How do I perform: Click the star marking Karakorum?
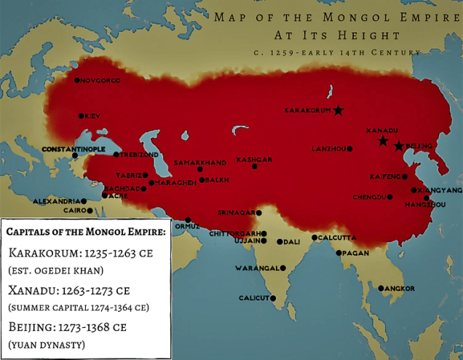[x=339, y=111]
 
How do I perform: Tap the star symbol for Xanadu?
[x=383, y=141]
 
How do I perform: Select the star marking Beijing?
[x=399, y=146]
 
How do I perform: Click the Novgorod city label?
[x=100, y=80]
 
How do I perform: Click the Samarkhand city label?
[x=200, y=162]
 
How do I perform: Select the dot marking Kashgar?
[x=255, y=167]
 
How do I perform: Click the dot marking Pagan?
[x=339, y=253]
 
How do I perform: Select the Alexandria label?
[x=57, y=201]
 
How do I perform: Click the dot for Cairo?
[x=90, y=211]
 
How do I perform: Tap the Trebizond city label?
[x=138, y=154]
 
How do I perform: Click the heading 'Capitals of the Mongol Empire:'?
[x=86, y=232]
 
